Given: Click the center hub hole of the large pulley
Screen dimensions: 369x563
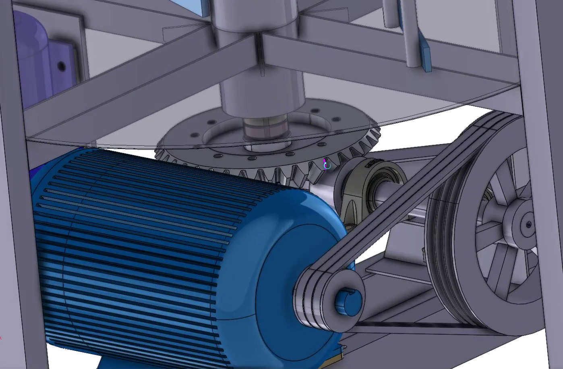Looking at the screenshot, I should coord(528,225).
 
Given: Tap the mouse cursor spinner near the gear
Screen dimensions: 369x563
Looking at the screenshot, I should coord(327,165).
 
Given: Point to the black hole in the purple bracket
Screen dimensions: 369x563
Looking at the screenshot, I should coord(61,66).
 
